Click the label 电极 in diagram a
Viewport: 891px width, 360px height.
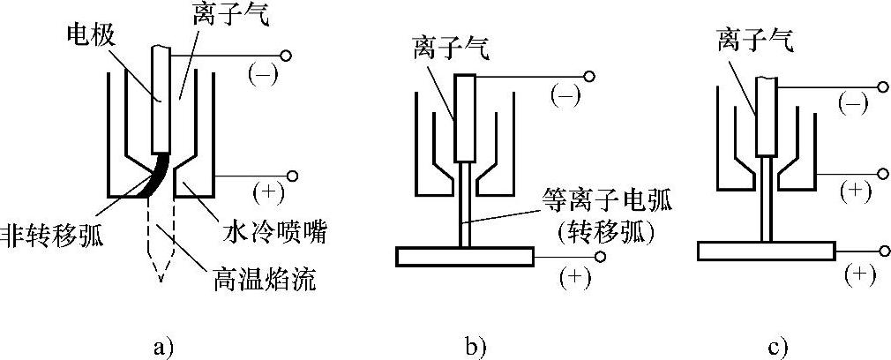pos(90,37)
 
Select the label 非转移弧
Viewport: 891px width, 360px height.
pos(51,236)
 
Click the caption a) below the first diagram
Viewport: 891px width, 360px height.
pos(161,344)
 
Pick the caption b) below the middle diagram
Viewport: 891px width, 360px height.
pos(475,344)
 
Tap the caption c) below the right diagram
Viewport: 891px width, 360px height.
pos(777,344)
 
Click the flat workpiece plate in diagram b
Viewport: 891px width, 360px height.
pos(464,257)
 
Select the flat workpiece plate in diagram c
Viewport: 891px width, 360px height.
pos(766,251)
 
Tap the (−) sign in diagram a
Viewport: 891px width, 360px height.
pos(263,74)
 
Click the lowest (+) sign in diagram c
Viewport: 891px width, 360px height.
pos(859,274)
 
